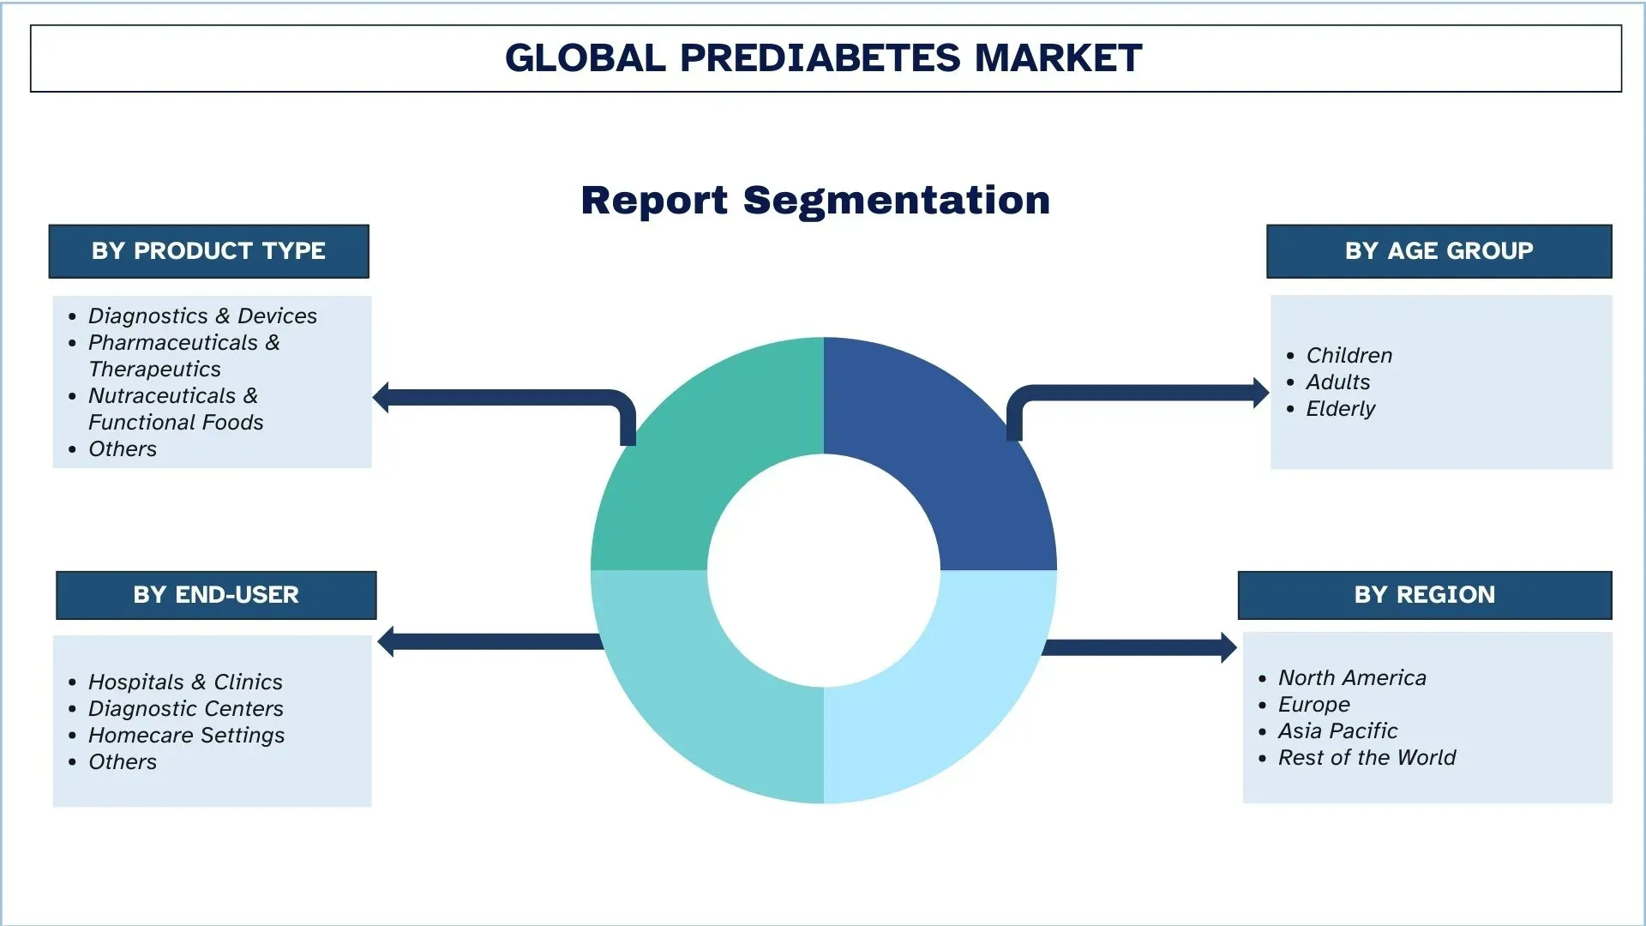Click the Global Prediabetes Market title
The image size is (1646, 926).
[x=823, y=57]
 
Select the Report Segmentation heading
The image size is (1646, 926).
[x=815, y=201]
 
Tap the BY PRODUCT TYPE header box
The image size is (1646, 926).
[x=208, y=251]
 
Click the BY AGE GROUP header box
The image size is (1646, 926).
[x=1439, y=251]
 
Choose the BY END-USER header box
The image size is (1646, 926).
[x=216, y=595]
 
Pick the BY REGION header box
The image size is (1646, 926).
[x=1425, y=595]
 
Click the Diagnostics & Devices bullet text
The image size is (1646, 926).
[x=202, y=316]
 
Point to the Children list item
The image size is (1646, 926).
[x=1349, y=356]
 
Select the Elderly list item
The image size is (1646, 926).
[x=1340, y=409]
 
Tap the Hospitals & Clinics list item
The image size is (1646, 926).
[x=185, y=682]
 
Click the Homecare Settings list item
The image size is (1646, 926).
[x=186, y=736]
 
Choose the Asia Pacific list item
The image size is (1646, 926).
[x=1337, y=731]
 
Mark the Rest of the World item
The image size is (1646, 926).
[x=1367, y=758]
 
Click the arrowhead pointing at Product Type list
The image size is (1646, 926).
[x=381, y=398]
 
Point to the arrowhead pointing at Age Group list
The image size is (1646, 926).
[x=1261, y=394]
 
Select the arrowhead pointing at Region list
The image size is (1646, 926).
[x=1228, y=647]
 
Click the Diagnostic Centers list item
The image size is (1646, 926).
[x=185, y=709]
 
